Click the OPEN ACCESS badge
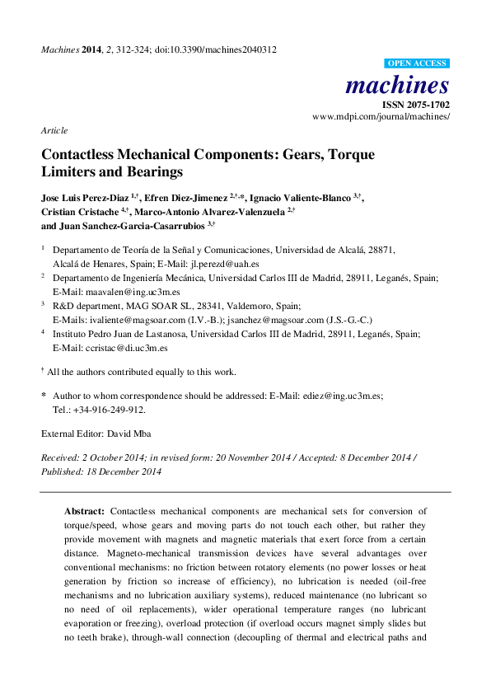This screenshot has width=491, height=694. coord(417,63)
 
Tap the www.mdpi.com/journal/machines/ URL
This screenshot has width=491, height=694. coord(381,117)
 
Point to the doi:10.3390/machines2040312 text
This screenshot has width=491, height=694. coord(224,49)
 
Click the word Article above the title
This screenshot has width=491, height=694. coord(54,130)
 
